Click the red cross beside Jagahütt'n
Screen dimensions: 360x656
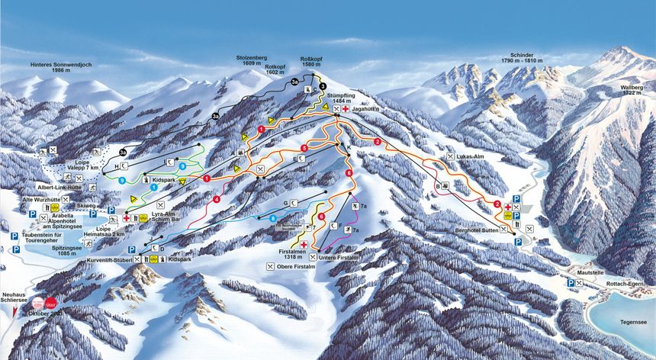[345, 110]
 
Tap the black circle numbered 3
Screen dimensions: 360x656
[323, 86]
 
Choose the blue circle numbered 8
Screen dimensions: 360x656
[272, 219]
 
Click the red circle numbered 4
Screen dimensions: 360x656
[217, 199]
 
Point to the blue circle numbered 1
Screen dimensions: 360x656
[154, 186]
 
